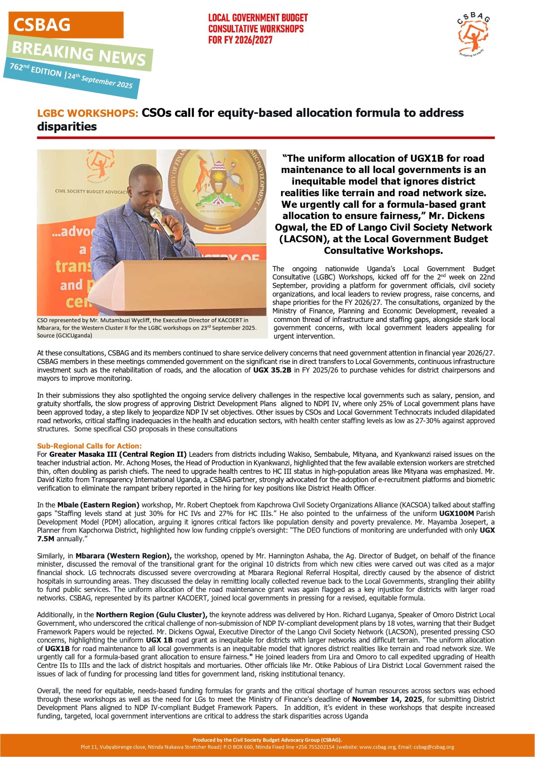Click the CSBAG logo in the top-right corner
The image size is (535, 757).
pos(474,35)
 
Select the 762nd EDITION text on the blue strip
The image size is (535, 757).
pos(36,69)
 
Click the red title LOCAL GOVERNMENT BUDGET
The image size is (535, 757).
pos(258,18)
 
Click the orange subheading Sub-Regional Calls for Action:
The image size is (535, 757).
pos(89,446)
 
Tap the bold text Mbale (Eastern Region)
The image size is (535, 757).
pos(98,505)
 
